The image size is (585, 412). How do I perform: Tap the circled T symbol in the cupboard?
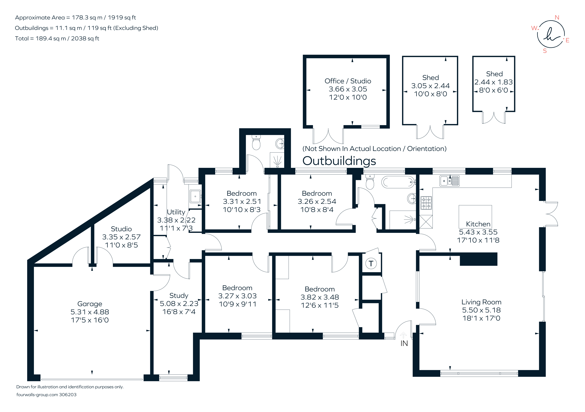371,263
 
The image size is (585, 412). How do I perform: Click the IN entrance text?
404,343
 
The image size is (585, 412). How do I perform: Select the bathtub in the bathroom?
398,182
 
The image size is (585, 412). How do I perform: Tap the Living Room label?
481,302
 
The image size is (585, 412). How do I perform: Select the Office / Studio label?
348,81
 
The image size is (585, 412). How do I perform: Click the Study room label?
179,295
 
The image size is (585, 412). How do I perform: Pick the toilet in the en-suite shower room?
256,143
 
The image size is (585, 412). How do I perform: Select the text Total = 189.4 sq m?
57,38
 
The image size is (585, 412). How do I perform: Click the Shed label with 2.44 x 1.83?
494,74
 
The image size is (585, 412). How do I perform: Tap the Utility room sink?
195,196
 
